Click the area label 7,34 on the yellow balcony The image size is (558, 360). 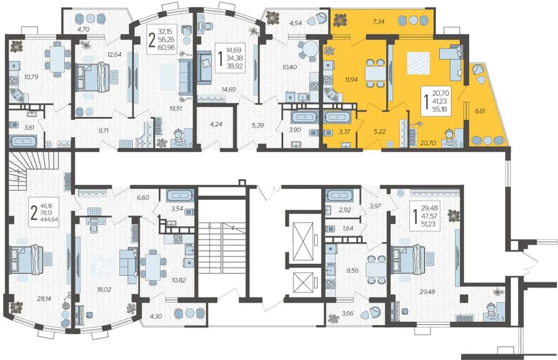pyautogui.click(x=378, y=22)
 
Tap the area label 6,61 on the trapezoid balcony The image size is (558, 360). pyautogui.click(x=480, y=111)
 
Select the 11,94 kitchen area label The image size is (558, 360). pyautogui.click(x=351, y=80)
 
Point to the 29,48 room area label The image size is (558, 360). pyautogui.click(x=427, y=292)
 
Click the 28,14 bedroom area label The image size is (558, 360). pyautogui.click(x=44, y=299)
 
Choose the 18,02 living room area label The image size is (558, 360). pyautogui.click(x=104, y=290)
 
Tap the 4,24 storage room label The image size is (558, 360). pyautogui.click(x=216, y=125)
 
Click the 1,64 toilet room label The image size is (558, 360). pyautogui.click(x=348, y=228)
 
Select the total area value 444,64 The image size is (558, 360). pyautogui.click(x=50, y=219)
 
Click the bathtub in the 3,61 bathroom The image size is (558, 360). pyautogui.click(x=23, y=141)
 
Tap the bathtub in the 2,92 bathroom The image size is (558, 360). pyautogui.click(x=339, y=196)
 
